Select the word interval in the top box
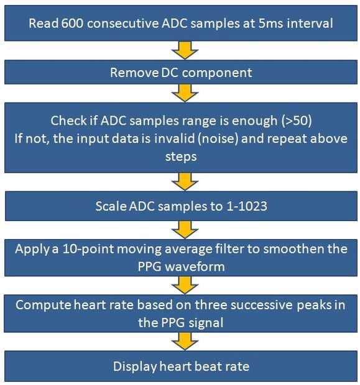pos(310,24)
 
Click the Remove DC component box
pos(181,72)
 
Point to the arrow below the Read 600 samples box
pos(185,50)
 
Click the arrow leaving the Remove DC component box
pos(185,93)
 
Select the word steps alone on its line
pos(181,157)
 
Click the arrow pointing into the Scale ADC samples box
pos(185,182)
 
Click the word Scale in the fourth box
pos(111,206)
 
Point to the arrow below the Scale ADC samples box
pos(185,230)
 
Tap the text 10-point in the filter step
pos(88,249)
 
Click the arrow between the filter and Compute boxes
pos(185,285)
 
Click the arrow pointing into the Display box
pos(185,342)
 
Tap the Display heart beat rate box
pos(181,366)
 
